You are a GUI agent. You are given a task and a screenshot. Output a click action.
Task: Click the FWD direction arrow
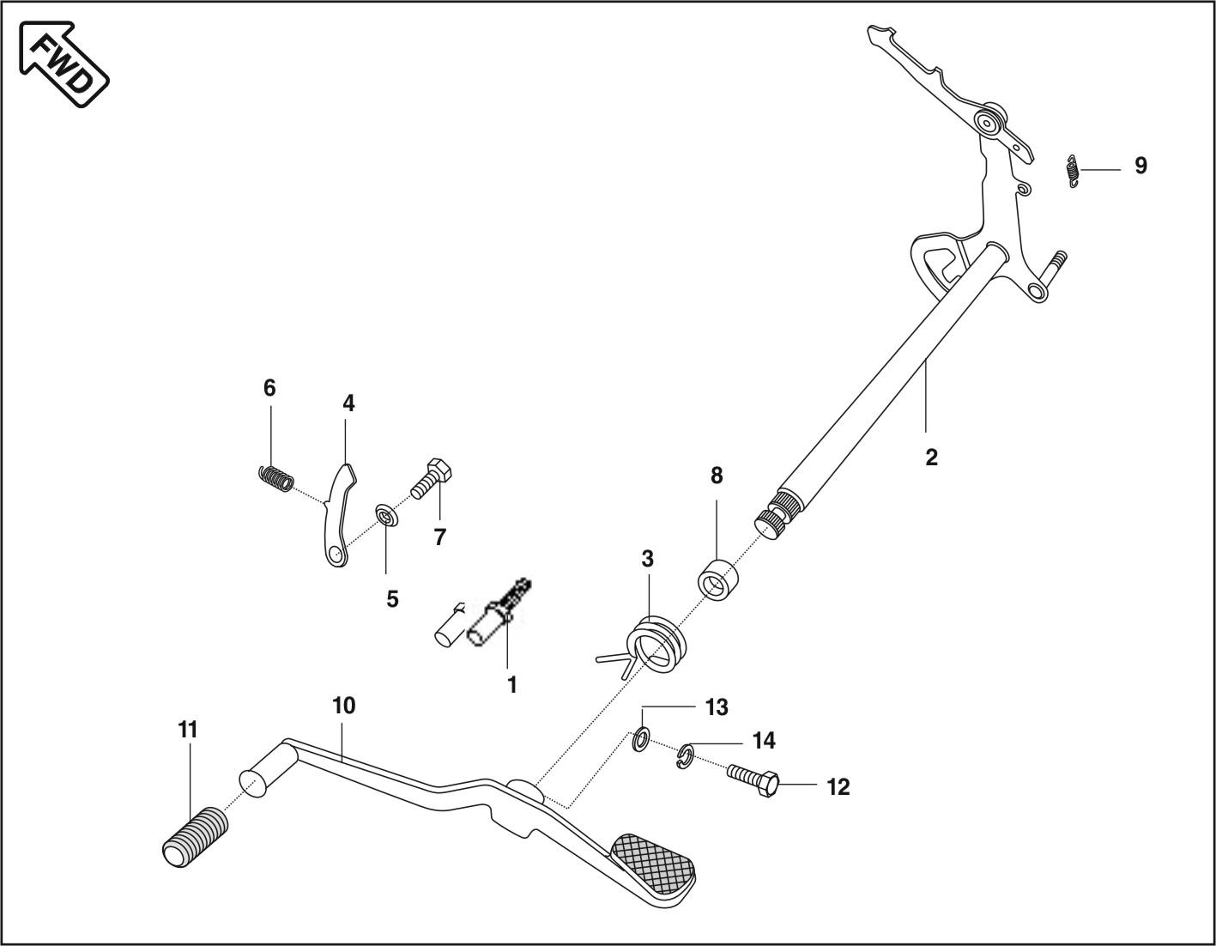tap(64, 65)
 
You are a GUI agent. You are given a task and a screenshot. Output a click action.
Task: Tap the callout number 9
tap(1140, 166)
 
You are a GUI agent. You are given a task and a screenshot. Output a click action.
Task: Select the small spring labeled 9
tap(1072, 170)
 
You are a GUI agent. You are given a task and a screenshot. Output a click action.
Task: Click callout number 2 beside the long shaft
tap(932, 457)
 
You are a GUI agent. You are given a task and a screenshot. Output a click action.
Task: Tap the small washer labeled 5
tap(386, 518)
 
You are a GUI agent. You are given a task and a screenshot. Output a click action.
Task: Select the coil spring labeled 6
tap(275, 477)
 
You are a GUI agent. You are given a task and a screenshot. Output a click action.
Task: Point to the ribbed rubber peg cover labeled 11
tap(196, 835)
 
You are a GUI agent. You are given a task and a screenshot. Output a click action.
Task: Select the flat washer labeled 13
tap(640, 739)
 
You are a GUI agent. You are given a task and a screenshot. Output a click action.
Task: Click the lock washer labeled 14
tap(684, 755)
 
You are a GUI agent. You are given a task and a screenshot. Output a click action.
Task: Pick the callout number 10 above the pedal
tap(343, 706)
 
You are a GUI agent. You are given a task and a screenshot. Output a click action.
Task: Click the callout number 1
tap(511, 684)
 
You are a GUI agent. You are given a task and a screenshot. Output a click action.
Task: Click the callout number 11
tap(188, 730)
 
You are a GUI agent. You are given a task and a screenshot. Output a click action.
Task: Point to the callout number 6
tap(269, 388)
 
